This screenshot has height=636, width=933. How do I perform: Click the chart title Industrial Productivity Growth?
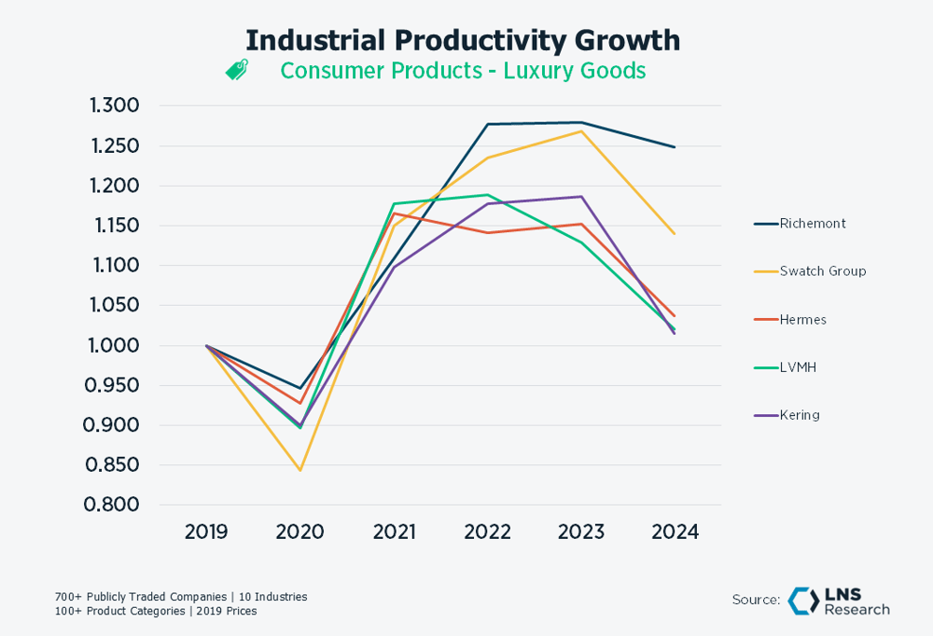tap(463, 40)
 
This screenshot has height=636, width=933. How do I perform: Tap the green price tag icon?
tap(237, 71)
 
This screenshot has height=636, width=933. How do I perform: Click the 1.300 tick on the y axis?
tap(114, 105)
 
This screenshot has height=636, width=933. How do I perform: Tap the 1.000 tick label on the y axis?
tap(114, 345)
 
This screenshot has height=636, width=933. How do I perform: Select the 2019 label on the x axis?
tap(206, 532)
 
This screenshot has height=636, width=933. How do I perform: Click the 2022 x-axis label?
tap(487, 532)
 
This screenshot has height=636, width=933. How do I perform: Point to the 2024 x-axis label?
tap(675, 532)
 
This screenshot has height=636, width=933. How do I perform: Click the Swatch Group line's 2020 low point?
tap(299, 470)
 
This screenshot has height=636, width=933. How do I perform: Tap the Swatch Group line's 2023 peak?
tap(581, 131)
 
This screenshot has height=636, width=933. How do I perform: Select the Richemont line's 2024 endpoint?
tap(675, 147)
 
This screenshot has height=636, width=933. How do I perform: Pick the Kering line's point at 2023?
tap(581, 197)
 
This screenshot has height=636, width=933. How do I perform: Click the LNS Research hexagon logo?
tap(802, 601)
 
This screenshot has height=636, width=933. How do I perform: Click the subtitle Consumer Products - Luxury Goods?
tap(463, 71)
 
